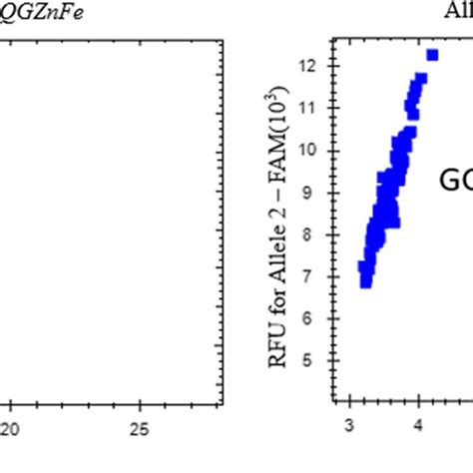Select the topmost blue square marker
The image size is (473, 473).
click(x=432, y=55)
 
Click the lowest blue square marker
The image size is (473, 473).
click(x=366, y=282)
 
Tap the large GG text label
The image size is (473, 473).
click(x=456, y=180)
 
